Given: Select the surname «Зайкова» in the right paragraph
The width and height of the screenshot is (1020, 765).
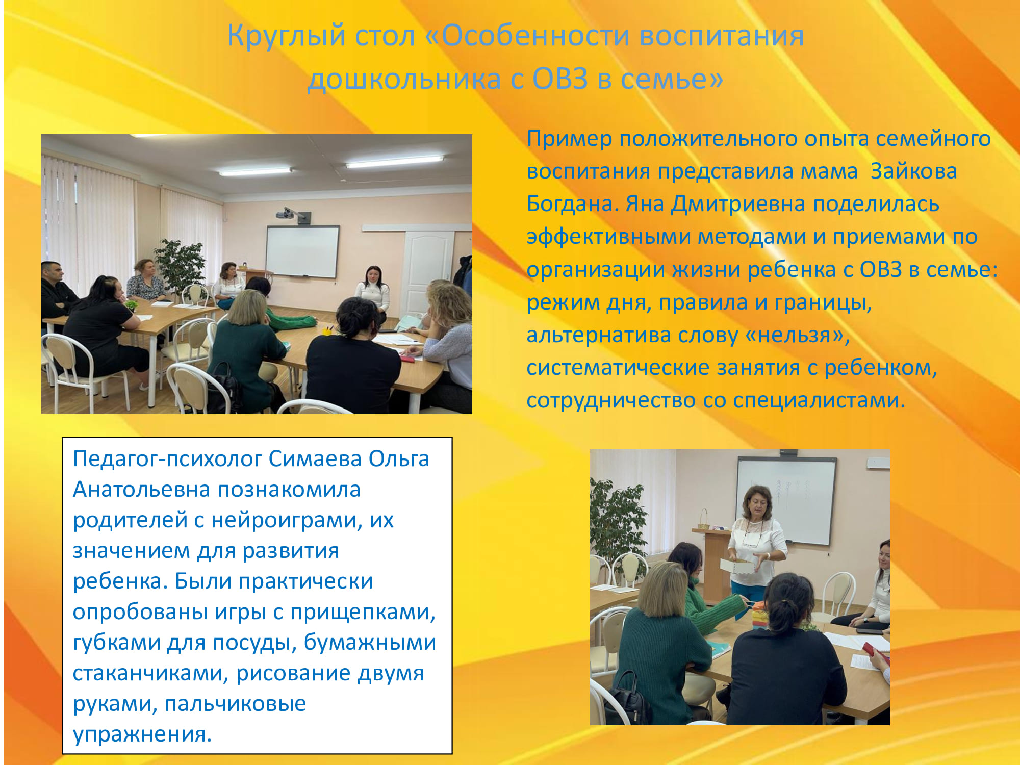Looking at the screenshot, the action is point(913,171).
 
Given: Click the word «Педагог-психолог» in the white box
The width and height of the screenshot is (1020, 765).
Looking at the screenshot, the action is point(167,460).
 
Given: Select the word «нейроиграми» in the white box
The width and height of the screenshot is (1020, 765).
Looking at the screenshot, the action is point(286,521).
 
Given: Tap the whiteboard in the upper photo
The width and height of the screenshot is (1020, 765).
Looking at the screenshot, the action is point(302,251).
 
